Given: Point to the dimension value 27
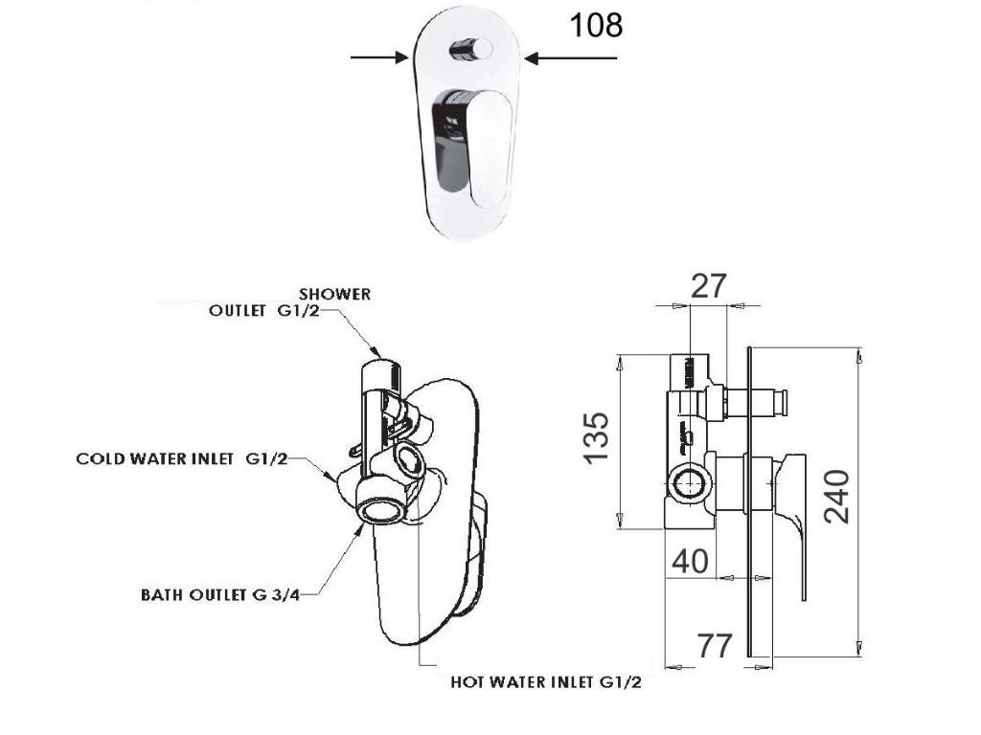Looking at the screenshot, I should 709,286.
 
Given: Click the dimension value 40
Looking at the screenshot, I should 690,560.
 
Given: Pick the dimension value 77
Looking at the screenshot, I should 715,646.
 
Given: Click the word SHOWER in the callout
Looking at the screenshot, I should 334,294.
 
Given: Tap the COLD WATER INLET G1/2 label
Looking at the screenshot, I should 182,459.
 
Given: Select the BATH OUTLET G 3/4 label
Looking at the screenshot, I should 220,594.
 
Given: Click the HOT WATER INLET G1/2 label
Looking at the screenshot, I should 545,683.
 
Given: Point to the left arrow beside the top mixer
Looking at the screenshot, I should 379,57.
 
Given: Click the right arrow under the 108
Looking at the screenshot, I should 571,58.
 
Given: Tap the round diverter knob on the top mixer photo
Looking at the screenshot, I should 472,48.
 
